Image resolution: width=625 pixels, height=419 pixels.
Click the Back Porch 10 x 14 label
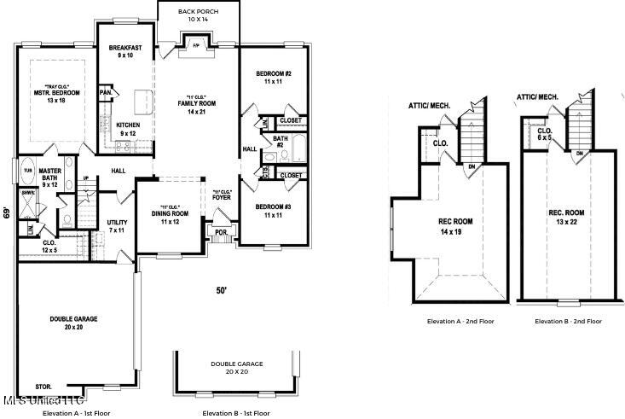[x=197, y=15]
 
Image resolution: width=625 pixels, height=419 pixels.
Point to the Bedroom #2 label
[x=274, y=78]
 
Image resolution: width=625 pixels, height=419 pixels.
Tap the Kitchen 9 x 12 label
[x=128, y=129]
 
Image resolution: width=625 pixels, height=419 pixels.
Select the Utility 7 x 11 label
[x=117, y=226]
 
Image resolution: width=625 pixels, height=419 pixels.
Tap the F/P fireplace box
[x=195, y=44]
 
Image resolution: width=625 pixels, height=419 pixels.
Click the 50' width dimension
[x=221, y=291]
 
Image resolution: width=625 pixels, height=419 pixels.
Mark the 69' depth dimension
[x=8, y=212]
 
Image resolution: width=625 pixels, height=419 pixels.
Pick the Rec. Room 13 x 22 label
[x=566, y=217]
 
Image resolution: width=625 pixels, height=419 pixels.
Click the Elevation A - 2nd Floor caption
[x=460, y=322]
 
